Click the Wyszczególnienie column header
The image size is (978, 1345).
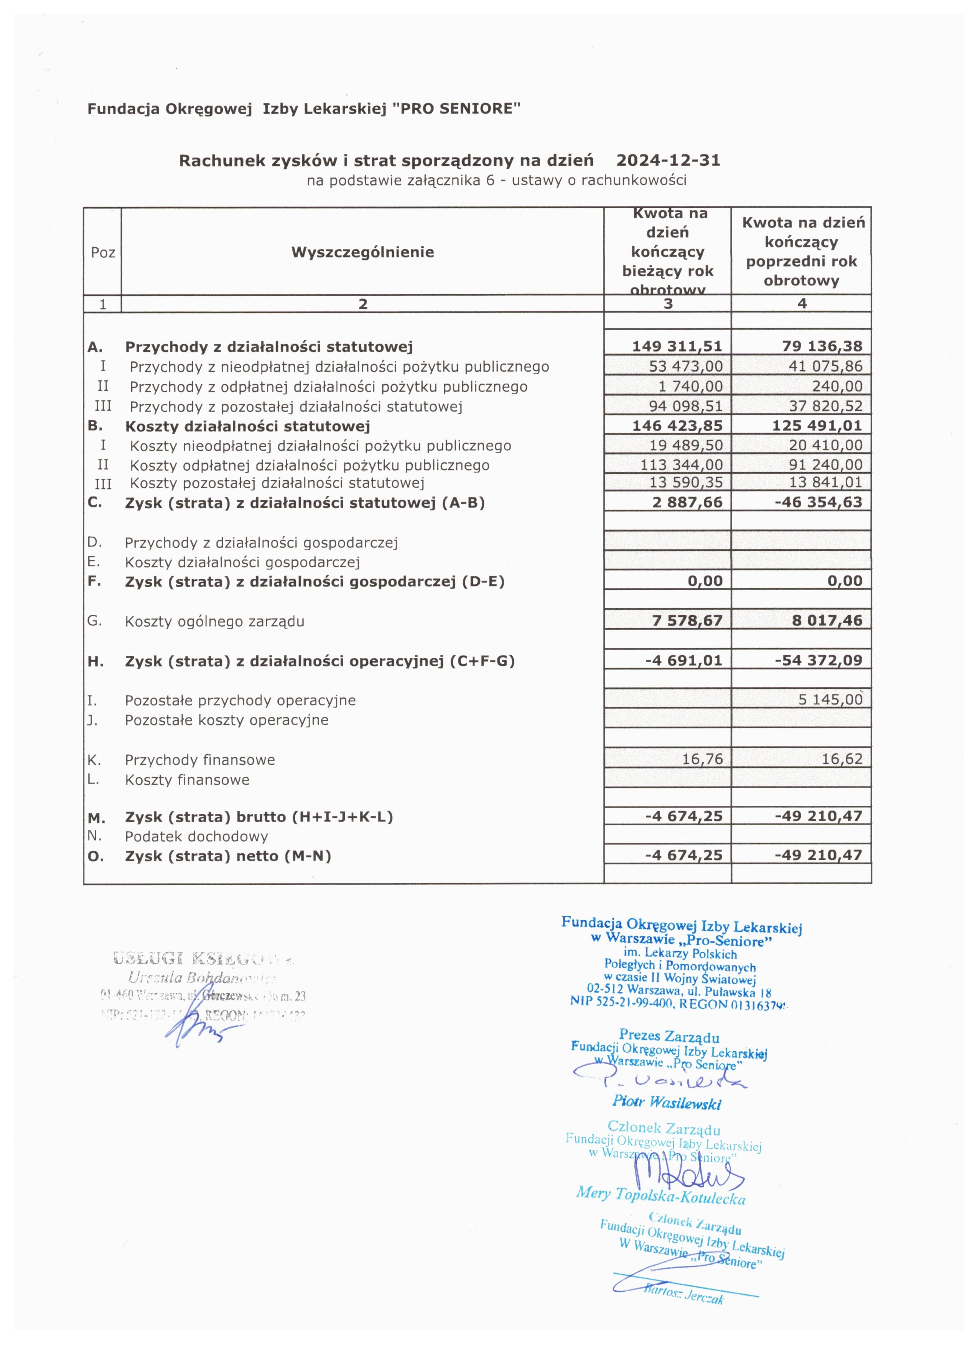coord(362,252)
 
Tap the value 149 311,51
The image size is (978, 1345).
coord(677,346)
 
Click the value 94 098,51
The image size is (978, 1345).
coord(686,406)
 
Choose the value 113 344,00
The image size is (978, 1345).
coord(681,465)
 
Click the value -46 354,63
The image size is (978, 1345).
coord(818,502)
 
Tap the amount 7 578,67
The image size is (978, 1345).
coord(687,621)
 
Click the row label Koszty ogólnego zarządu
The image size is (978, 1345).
coord(214,622)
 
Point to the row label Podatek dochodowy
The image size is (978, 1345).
coord(196,837)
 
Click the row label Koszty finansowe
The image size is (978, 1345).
coord(187,780)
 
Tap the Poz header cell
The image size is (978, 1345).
coord(103,253)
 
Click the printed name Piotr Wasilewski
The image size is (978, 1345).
coord(667,1103)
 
